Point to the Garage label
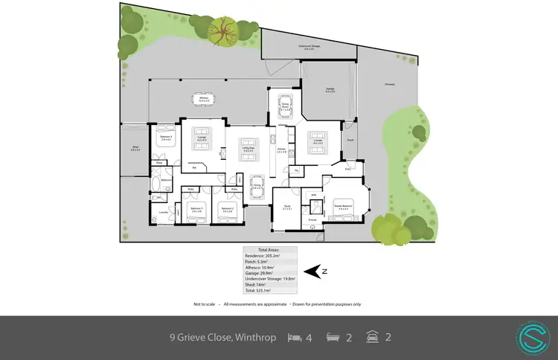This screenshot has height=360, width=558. pyautogui.click(x=330, y=89)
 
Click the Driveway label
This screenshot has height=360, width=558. pyautogui.click(x=389, y=84)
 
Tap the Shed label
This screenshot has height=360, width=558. pyautogui.click(x=135, y=149)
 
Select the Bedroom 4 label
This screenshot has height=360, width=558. pyautogui.click(x=167, y=138)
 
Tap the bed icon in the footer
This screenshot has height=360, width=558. pyautogui.click(x=295, y=338)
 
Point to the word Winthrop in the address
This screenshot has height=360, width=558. pyautogui.click(x=254, y=338)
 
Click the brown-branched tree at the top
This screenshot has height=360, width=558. pyautogui.click(x=221, y=31)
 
